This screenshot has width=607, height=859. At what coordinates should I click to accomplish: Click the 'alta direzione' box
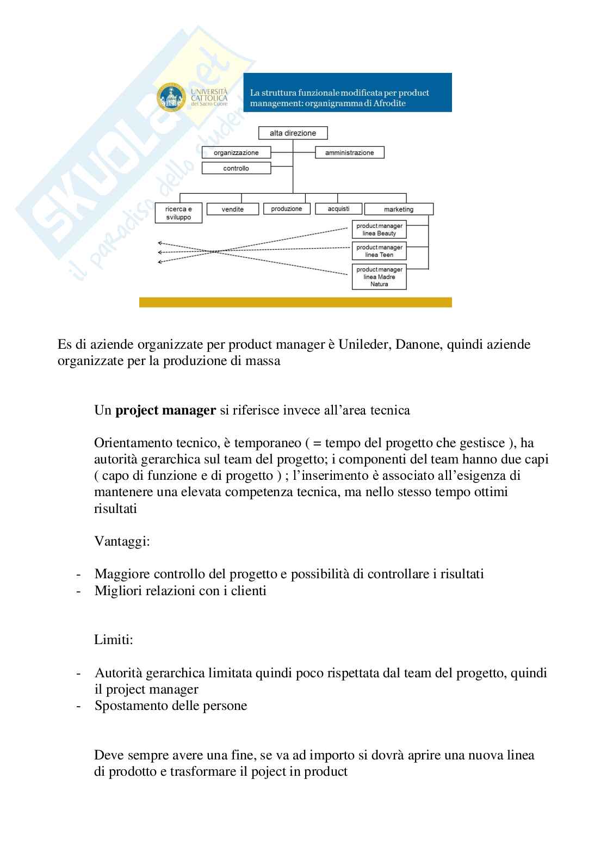click(x=293, y=133)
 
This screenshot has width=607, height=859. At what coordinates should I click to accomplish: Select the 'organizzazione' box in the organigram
click(x=236, y=153)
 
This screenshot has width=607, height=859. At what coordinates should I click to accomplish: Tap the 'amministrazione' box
click(x=349, y=153)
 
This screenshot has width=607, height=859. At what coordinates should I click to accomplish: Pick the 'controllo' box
click(x=236, y=168)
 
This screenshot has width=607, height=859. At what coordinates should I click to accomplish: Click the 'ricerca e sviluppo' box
click(x=178, y=213)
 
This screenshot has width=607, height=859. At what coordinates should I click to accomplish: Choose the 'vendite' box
click(x=232, y=209)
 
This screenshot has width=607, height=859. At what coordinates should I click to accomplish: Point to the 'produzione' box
click(x=286, y=208)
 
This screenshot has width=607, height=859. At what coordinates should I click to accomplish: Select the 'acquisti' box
click(x=338, y=208)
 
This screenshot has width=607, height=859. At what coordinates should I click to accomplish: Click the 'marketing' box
click(x=398, y=209)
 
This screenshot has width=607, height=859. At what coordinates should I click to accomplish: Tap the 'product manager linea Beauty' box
click(x=379, y=230)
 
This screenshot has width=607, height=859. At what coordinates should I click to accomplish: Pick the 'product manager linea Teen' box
click(x=379, y=251)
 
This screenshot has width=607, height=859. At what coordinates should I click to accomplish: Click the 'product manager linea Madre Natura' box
click(x=379, y=276)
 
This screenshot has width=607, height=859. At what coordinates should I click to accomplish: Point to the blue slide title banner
click(x=347, y=92)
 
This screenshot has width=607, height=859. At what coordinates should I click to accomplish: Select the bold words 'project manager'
click(x=166, y=410)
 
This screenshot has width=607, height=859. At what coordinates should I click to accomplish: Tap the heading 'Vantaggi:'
click(x=122, y=541)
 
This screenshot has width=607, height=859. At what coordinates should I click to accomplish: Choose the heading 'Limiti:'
click(x=114, y=640)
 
